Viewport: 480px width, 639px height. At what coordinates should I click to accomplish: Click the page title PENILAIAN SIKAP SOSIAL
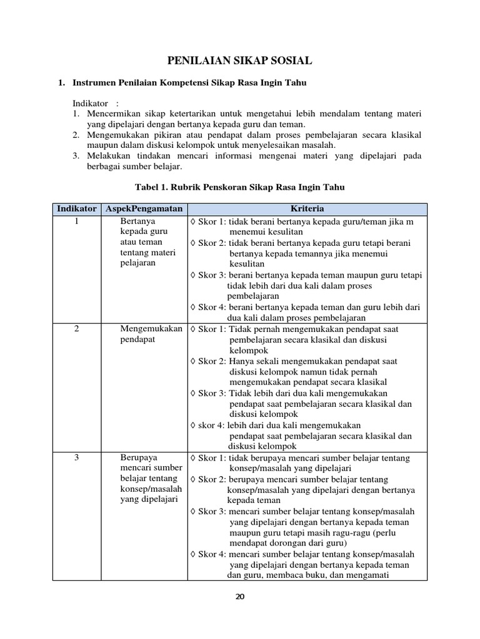click(x=240, y=61)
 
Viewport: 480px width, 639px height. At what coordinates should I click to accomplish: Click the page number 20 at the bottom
click(x=240, y=597)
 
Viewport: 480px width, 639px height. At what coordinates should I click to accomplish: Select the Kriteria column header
click(x=306, y=208)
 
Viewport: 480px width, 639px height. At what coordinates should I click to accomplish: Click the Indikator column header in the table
click(x=76, y=208)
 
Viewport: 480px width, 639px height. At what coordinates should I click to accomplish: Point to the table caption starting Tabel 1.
click(x=240, y=187)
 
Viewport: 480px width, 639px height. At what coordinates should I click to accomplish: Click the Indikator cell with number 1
click(x=76, y=222)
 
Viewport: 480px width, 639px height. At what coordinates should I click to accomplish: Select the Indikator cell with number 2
click(x=76, y=329)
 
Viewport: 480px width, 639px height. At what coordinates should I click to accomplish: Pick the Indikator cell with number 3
click(x=76, y=458)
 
